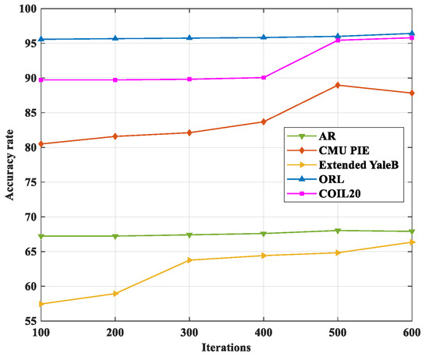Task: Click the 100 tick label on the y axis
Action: [27, 9]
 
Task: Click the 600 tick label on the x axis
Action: [411, 332]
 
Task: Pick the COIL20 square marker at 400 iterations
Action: [264, 77]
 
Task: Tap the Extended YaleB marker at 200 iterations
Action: [115, 294]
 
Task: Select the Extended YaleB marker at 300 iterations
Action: [190, 260]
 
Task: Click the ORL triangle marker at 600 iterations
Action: [411, 34]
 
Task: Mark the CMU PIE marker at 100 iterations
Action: [41, 144]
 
